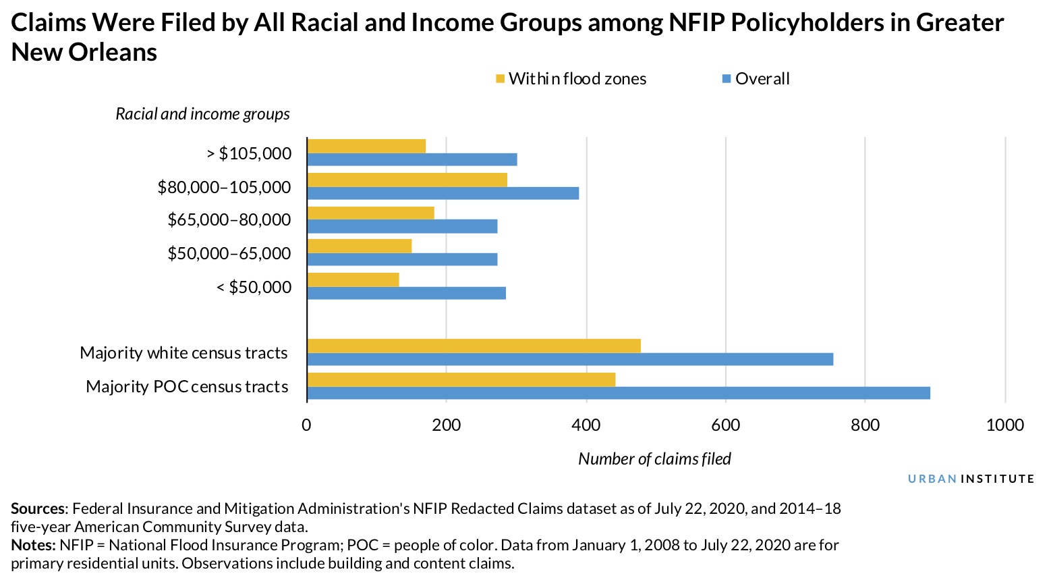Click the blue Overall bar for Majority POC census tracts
[619, 393]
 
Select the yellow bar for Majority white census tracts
[474, 346]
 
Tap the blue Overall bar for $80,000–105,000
[443, 193]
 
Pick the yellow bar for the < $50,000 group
[353, 279]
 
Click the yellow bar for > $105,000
[366, 146]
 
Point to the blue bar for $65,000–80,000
[402, 226]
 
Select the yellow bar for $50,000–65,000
[359, 246]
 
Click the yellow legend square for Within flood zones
[501, 79]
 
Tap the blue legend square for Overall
[727, 79]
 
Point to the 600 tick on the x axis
[726, 425]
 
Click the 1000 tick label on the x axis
[1004, 425]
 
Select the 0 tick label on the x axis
[307, 425]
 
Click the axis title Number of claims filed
[654, 459]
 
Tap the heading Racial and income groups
[202, 113]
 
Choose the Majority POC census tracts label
[187, 386]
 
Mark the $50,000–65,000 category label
[229, 253]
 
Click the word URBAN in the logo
[932, 479]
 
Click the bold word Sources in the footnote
[38, 508]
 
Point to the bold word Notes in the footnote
[32, 545]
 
